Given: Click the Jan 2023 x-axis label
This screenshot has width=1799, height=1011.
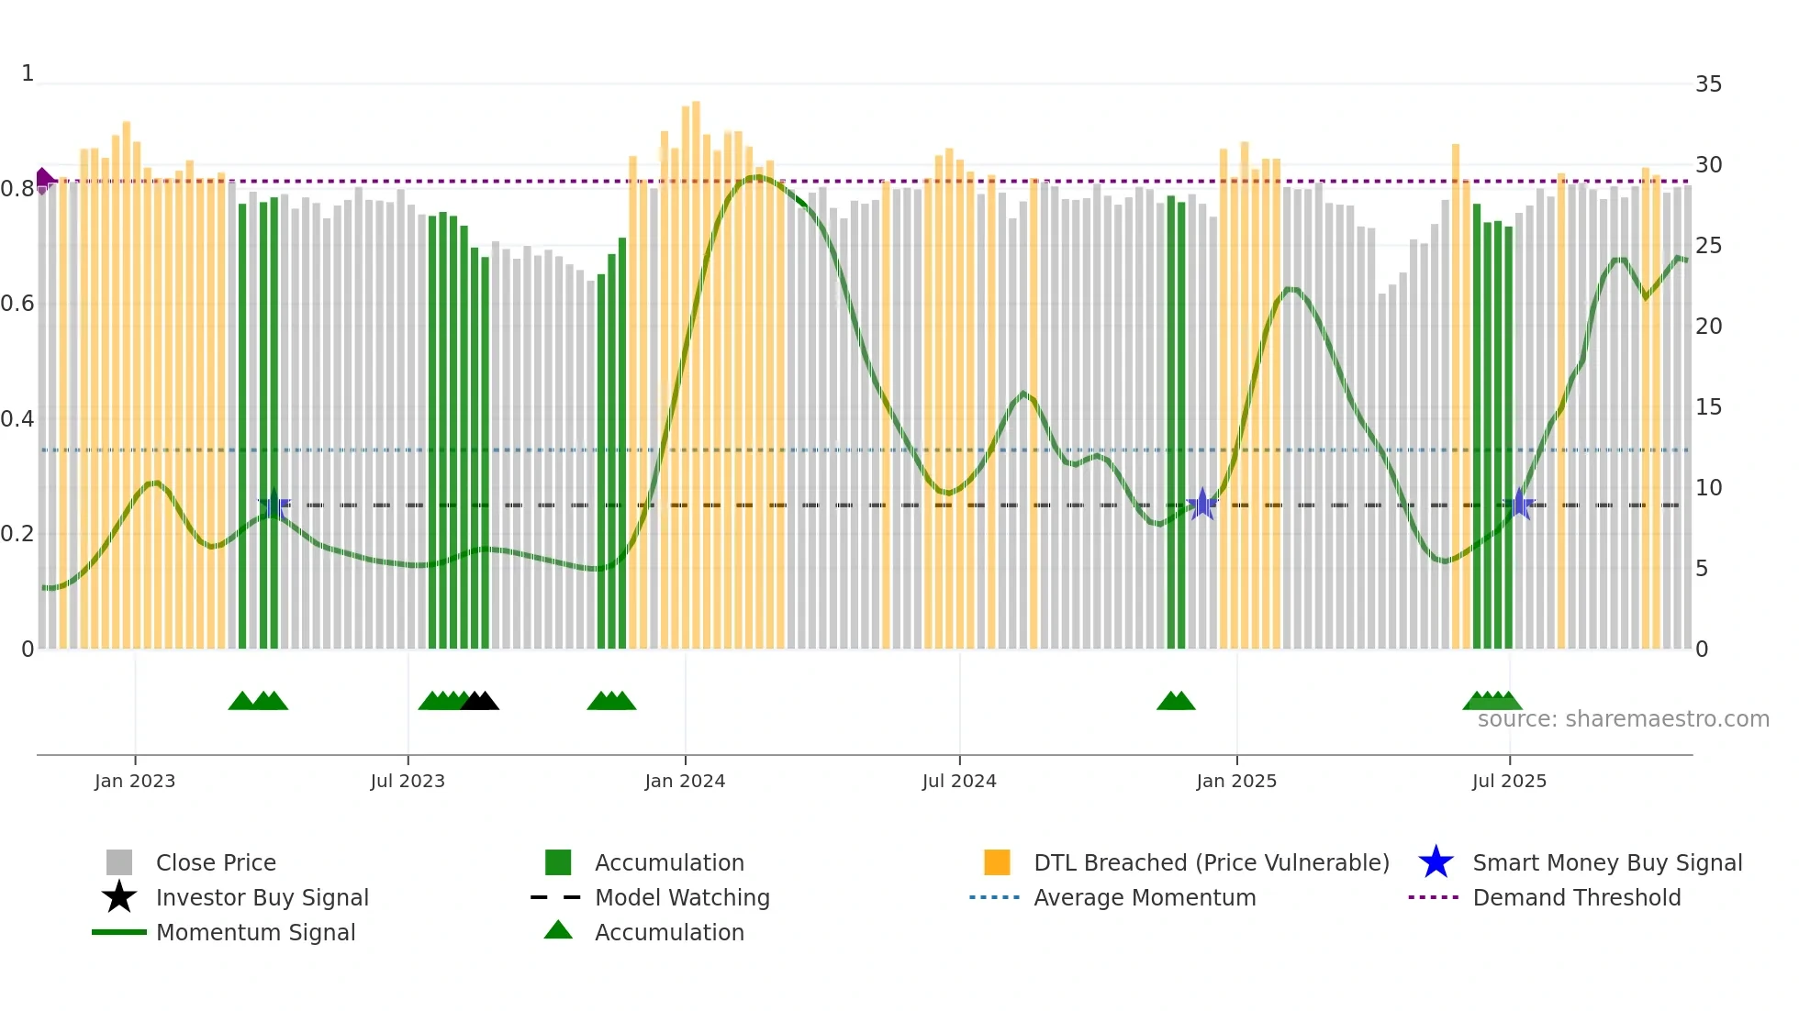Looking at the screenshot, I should pos(135,781).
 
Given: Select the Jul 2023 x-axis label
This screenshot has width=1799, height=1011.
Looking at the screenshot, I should pos(408,781).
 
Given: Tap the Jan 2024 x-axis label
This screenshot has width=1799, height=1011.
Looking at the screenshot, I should pos(685,781).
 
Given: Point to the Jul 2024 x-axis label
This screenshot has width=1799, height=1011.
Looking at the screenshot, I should pos(959,781).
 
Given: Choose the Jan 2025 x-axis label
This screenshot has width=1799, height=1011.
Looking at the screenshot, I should pos(1236,781).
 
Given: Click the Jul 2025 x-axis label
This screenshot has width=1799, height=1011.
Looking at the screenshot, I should pos(1509,781).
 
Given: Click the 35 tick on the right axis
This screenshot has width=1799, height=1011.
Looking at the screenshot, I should pos(1708,84).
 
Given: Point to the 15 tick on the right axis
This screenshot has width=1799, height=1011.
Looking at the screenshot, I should pos(1708,406).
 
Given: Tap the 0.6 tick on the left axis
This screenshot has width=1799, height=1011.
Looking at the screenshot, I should pos(17,304).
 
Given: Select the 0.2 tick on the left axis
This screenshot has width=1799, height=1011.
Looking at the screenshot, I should pos(17,534).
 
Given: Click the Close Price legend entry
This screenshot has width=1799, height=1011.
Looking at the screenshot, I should pos(216,862).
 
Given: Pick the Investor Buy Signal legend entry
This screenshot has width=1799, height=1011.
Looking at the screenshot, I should pos(262,897).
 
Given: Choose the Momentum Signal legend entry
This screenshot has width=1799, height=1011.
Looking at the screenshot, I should pos(255,932).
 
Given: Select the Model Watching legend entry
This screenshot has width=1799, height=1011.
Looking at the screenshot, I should pos(682,897).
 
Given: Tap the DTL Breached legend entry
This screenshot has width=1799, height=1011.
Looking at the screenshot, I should pos(1211,862).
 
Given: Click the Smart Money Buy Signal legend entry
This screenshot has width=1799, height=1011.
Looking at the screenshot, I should pos(1607,862).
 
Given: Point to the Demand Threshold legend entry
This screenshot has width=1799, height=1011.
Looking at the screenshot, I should pos(1576,897).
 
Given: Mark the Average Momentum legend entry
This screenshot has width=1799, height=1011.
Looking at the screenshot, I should pos(1145,897).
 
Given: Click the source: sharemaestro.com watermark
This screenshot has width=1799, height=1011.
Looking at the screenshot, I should pos(1623,719).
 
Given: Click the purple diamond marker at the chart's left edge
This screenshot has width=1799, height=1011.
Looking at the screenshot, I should pos(43,181).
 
